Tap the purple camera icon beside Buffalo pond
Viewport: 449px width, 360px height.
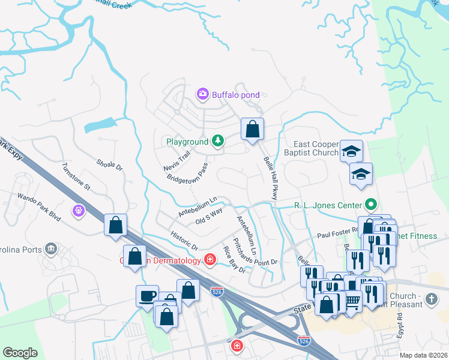tap(202, 94)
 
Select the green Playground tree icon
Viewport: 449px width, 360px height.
tap(218, 142)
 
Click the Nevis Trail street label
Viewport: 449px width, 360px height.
tap(176, 160)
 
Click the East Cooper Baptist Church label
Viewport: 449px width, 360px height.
tap(317, 148)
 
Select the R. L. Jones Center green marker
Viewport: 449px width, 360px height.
tap(372, 205)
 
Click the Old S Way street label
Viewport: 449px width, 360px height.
tap(209, 216)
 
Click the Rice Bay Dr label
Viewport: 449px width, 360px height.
tap(234, 260)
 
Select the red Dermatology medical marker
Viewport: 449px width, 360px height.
tap(210, 260)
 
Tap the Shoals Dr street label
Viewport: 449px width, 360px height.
tap(109, 165)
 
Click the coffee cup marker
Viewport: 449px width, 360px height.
tap(148, 296)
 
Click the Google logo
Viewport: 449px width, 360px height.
tap(20, 353)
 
